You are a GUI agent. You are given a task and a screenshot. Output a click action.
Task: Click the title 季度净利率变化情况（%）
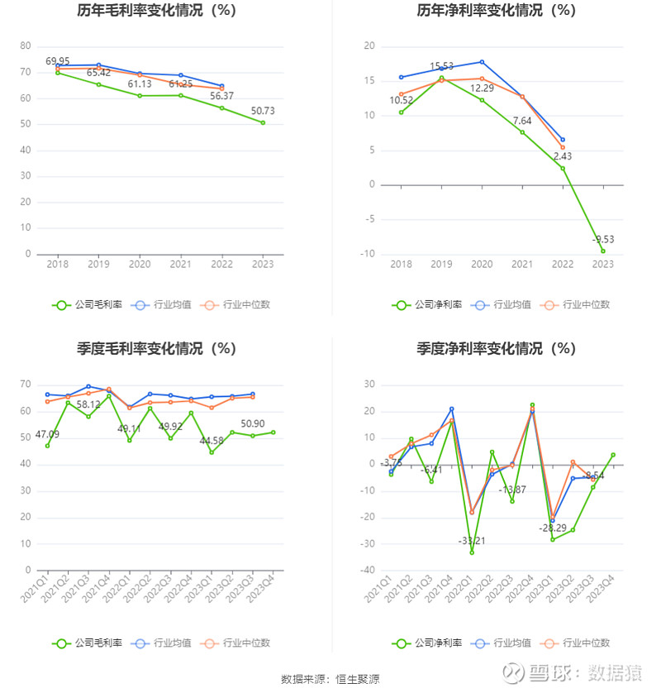coord(496,349)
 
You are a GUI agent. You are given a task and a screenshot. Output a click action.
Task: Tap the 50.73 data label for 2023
coord(264,111)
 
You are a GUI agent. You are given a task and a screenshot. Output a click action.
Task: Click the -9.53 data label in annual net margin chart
coord(603,239)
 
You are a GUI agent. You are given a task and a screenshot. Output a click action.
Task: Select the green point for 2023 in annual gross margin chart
coord(264,122)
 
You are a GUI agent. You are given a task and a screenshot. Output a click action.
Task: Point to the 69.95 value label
coord(58,61)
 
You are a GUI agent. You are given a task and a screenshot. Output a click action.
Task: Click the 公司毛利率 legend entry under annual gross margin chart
coord(88,304)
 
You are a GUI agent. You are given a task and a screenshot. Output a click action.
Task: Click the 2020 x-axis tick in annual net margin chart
coord(482,264)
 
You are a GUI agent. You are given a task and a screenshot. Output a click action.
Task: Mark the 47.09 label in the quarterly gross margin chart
coord(47,433)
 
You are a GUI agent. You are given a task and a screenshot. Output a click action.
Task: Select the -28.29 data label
coord(552,528)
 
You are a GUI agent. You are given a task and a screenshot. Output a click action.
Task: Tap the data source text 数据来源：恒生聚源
coord(330,679)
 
